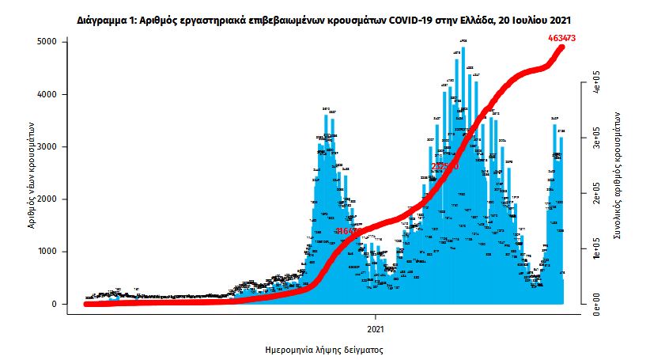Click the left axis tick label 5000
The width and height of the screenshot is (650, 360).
[x=47, y=41]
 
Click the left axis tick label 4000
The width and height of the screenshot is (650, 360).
[x=47, y=94]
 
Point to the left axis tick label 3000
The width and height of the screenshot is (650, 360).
[x=47, y=146]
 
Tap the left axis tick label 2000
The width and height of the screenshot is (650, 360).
[x=47, y=199]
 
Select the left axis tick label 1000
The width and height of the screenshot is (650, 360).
[x=47, y=252]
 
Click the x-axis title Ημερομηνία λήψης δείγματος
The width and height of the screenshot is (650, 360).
[x=327, y=347]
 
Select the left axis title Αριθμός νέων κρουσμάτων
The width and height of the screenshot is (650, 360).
[x=29, y=174]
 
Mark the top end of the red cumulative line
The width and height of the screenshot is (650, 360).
[x=563, y=47]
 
